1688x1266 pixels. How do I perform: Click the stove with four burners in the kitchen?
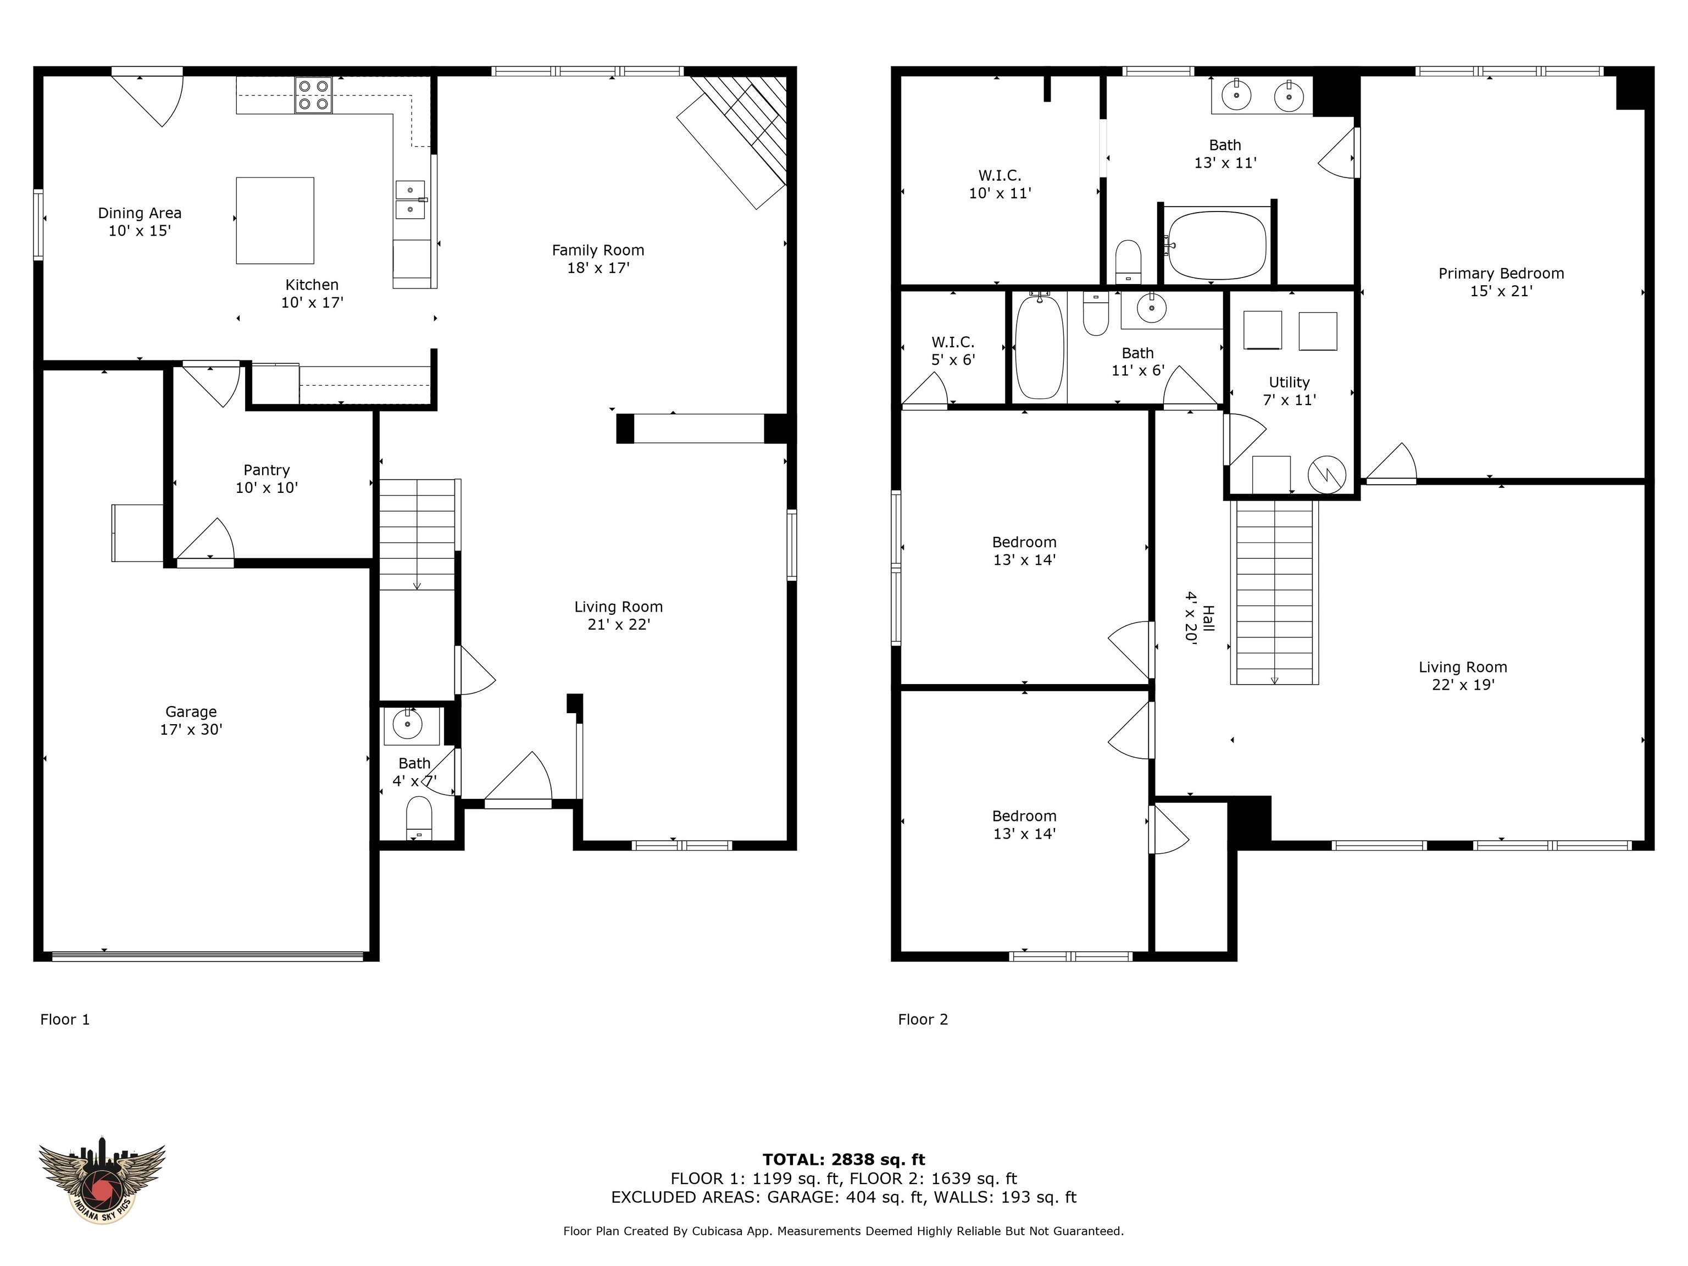click(x=314, y=96)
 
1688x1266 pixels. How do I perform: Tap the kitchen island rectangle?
click(x=275, y=220)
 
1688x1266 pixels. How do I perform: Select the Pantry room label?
click(x=266, y=470)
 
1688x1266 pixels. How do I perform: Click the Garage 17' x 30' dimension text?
click(x=191, y=730)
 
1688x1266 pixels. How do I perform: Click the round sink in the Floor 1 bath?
click(x=408, y=724)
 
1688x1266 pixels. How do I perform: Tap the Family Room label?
click(x=597, y=251)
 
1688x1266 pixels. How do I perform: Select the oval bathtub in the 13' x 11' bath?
click(x=1217, y=245)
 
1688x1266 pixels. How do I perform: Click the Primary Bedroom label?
click(x=1500, y=273)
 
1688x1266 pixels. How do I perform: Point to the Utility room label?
click(x=1289, y=382)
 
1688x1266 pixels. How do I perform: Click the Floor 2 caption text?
click(x=923, y=1019)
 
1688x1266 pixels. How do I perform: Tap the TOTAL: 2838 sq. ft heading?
click(x=843, y=1160)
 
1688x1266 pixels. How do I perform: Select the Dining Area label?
click(x=140, y=213)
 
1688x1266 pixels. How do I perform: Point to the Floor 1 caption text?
click(x=65, y=1019)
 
